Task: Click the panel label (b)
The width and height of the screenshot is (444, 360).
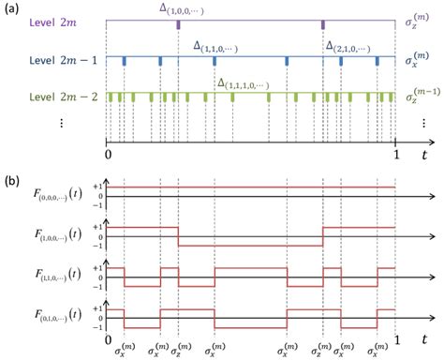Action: point(11,174)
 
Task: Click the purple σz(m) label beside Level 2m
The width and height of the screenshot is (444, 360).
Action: point(419,22)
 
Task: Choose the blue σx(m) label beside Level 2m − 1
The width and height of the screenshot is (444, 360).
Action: point(419,58)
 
